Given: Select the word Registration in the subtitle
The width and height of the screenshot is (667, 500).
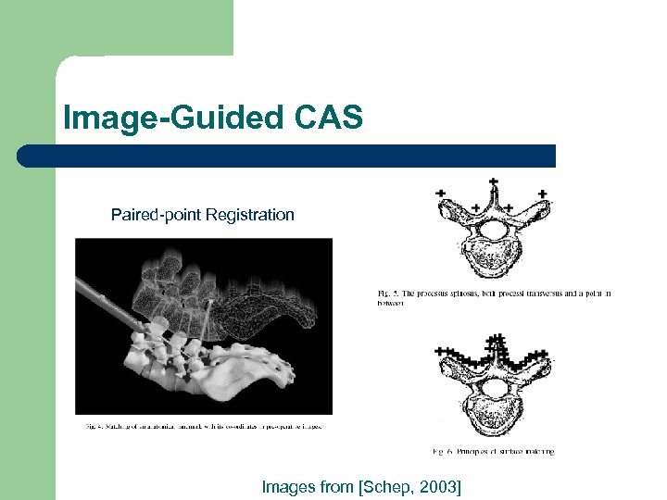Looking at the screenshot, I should coord(250,216).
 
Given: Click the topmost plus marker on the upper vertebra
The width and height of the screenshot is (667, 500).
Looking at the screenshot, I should coord(493,181).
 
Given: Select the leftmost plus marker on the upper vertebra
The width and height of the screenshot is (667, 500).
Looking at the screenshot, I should coord(440,193).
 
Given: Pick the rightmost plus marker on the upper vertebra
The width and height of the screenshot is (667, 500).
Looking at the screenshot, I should coord(542,194).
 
